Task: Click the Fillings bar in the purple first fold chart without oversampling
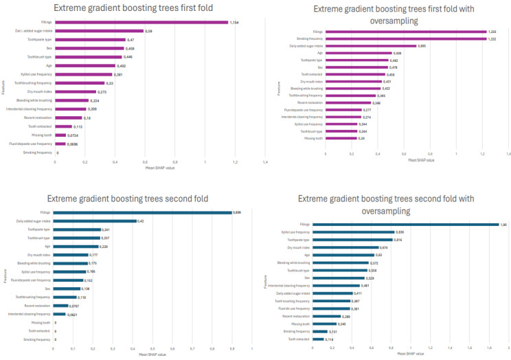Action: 141,22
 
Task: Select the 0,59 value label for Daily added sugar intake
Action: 148,31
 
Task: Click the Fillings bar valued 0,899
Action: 142,212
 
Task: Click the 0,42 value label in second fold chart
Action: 141,221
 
